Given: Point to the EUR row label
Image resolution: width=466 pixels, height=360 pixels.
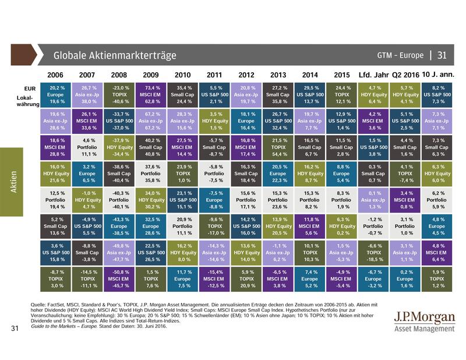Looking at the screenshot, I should [22, 88].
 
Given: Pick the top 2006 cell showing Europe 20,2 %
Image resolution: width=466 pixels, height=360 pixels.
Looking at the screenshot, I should [56, 94].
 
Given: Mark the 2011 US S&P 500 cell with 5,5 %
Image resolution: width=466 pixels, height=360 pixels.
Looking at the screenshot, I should [214, 94].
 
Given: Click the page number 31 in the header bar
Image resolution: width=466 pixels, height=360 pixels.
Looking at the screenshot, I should [442, 56].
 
